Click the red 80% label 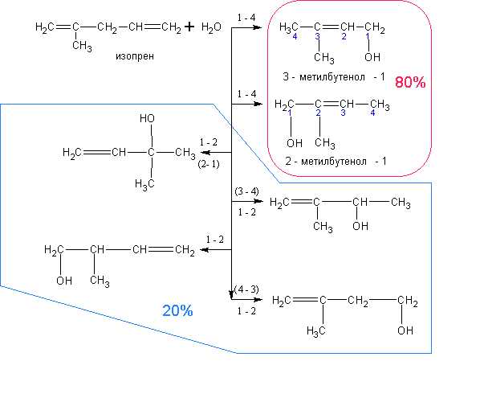[x=410, y=82]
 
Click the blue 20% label [x=177, y=310]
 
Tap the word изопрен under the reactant [x=135, y=56]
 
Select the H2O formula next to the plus [x=211, y=27]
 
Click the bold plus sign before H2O [x=189, y=27]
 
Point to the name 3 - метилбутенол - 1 [x=334, y=76]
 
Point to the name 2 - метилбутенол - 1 [x=336, y=161]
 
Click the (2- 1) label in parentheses [x=209, y=164]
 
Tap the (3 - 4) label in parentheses [x=246, y=191]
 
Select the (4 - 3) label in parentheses [x=246, y=289]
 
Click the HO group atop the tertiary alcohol [x=147, y=118]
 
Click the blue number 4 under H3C [x=295, y=36]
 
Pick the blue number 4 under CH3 [x=372, y=113]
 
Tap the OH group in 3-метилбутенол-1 [x=372, y=57]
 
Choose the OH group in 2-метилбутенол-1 [x=295, y=142]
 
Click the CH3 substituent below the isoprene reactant [x=82, y=46]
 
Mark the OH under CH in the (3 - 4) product [x=360, y=226]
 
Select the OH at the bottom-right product [x=405, y=330]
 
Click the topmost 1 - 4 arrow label [x=246, y=18]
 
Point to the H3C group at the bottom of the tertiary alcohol [x=144, y=184]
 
